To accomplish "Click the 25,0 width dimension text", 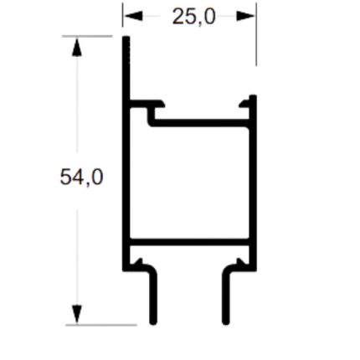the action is [x=194, y=17].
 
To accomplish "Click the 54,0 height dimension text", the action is [x=81, y=177].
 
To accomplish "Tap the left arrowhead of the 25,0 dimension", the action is [x=133, y=16].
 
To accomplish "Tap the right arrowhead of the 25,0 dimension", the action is [x=246, y=16].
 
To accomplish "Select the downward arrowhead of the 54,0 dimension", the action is [x=77, y=315].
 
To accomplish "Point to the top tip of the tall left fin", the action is [x=126, y=37].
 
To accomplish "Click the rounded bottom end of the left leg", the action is [x=153, y=322].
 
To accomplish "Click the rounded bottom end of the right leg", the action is [x=226, y=322].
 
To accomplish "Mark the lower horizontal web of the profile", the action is [x=189, y=242].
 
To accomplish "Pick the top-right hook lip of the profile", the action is [x=244, y=103].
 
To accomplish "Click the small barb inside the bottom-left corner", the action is [x=139, y=261].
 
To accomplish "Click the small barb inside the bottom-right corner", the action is [x=240, y=261].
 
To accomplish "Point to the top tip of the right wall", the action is [x=253, y=96].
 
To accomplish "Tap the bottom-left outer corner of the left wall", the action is [x=123, y=270].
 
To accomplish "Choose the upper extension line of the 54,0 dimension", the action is [x=87, y=36].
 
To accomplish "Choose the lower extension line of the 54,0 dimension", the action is [x=101, y=325].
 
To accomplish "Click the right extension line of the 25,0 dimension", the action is [x=256, y=34].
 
